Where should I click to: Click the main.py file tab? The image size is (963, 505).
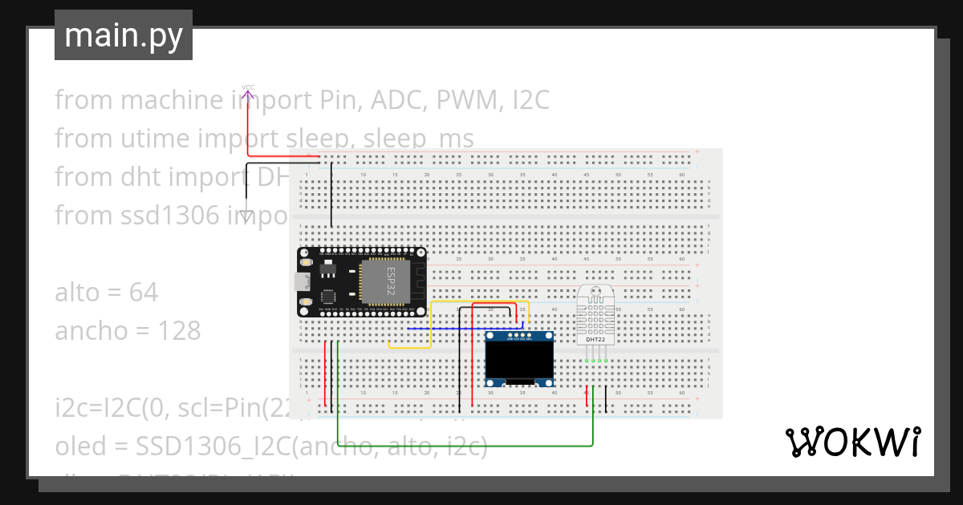point(124,35)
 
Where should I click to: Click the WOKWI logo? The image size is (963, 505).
point(852,442)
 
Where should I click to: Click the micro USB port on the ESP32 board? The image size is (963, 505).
point(303,281)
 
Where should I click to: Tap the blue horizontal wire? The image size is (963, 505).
point(465,329)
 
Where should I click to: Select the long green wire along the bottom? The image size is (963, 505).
point(465,445)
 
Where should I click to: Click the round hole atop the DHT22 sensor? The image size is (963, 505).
point(595,292)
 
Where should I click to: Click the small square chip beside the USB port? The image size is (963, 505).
point(328,295)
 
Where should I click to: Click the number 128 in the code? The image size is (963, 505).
point(178,331)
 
